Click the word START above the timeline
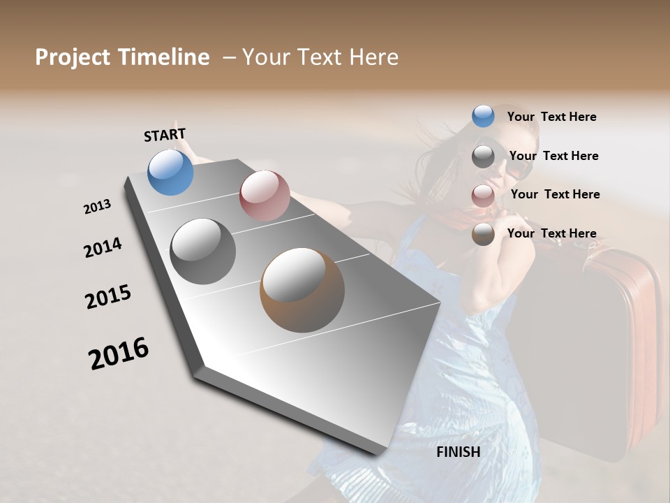[x=165, y=135]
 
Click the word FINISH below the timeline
[x=459, y=452]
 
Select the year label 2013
[x=98, y=207]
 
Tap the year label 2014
[x=103, y=248]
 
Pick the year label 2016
[x=119, y=353]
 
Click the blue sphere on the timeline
[x=171, y=173]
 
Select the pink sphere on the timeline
[x=265, y=196]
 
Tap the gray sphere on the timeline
[x=203, y=251]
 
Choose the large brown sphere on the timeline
[x=302, y=290]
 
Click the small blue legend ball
[x=483, y=117]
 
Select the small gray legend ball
[x=483, y=156]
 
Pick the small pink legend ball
[x=483, y=196]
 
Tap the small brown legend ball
[x=483, y=234]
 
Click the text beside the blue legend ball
[x=551, y=117]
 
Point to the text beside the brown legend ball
[x=551, y=233]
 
